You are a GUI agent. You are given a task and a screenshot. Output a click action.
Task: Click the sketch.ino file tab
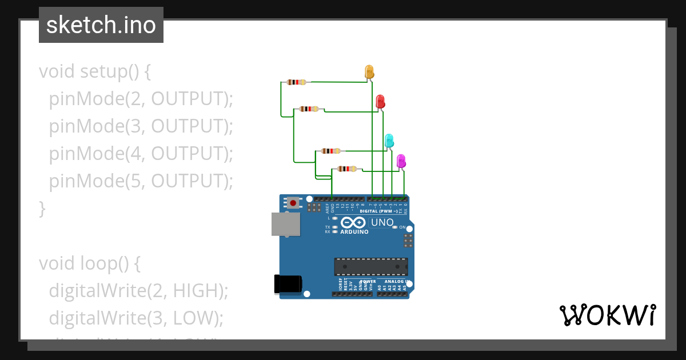click(x=101, y=25)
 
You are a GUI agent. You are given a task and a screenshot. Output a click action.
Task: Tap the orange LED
click(x=369, y=71)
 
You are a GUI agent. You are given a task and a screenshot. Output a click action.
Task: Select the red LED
click(x=380, y=102)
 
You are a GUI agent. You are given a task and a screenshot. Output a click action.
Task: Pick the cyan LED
click(x=389, y=140)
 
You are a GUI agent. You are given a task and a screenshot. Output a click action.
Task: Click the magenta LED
click(x=401, y=161)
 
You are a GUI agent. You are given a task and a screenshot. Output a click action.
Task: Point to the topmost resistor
click(x=296, y=82)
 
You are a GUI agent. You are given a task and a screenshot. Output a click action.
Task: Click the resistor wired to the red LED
click(x=309, y=109)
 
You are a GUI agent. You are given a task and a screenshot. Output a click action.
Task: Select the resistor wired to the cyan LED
click(x=330, y=151)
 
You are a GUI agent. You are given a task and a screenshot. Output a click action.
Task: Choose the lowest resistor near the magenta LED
click(x=347, y=169)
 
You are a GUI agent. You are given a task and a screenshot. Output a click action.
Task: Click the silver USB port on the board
click(x=285, y=224)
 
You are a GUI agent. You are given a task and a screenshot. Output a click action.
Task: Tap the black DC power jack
click(x=288, y=284)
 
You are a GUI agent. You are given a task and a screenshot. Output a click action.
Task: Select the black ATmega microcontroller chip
click(x=371, y=267)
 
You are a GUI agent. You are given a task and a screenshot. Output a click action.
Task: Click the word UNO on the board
click(x=382, y=222)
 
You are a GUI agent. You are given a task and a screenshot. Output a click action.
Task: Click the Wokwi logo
click(x=607, y=315)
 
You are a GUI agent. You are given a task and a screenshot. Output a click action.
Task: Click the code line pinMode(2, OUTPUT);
click(x=141, y=99)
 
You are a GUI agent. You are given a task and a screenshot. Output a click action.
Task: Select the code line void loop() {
click(x=90, y=263)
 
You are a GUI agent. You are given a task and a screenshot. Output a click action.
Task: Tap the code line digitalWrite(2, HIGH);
click(x=138, y=290)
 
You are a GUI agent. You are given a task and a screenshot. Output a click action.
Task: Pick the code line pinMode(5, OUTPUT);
click(x=141, y=181)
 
